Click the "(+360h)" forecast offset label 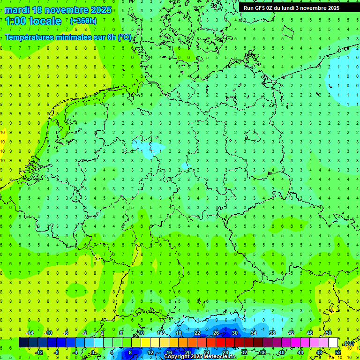(x=83, y=21)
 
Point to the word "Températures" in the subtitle (x=32, y=37)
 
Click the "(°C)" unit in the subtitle (x=124, y=37)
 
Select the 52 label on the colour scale (x=337, y=352)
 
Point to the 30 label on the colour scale (x=234, y=333)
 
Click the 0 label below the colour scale (x=93, y=352)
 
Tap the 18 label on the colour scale (x=179, y=333)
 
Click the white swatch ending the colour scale (x=333, y=343)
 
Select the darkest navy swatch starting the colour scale (x=23, y=343)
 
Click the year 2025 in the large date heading (x=100, y=10)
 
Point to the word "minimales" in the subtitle (x=81, y=37)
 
